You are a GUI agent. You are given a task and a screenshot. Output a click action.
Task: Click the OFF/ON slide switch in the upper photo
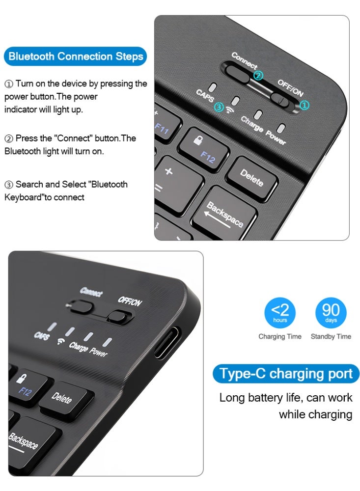283,98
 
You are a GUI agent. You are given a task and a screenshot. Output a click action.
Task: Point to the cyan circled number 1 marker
305,105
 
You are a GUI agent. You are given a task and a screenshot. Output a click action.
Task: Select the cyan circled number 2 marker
258,76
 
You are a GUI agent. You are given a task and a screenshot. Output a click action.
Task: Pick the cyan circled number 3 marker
219,107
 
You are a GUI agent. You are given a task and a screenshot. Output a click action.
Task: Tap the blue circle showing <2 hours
280,313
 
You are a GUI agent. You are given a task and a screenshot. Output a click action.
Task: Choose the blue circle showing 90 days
331,313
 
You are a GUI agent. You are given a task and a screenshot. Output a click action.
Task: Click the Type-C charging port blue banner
286,374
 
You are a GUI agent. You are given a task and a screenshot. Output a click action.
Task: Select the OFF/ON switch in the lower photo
121,315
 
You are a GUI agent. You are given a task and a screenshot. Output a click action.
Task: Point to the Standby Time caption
331,336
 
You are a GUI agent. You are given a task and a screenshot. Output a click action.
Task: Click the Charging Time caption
280,336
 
